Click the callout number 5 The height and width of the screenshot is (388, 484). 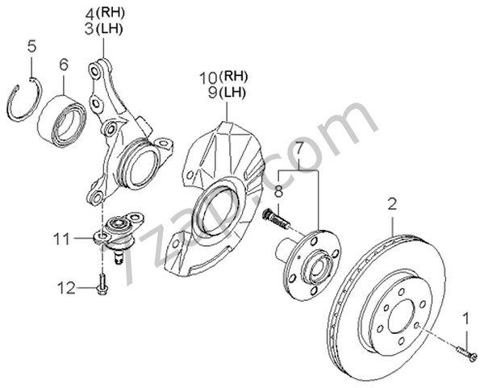click(x=31, y=47)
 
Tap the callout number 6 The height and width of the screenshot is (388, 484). click(x=63, y=65)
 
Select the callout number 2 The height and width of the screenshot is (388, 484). click(x=392, y=204)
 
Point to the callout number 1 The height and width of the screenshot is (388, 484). click(x=465, y=319)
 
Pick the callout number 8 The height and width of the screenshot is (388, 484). click(x=279, y=192)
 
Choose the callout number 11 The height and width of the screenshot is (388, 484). click(x=61, y=239)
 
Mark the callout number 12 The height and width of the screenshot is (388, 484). click(x=66, y=288)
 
